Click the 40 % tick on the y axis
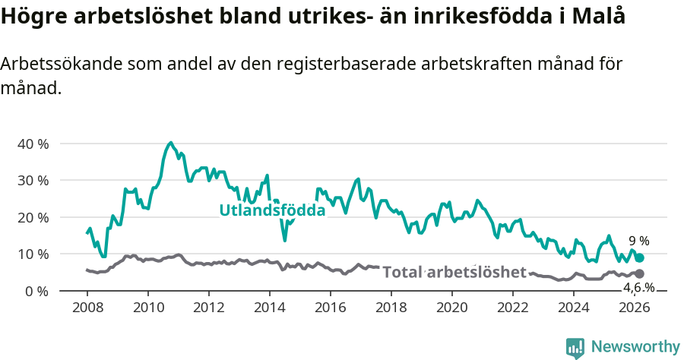point(33,144)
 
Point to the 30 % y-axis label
point(33,181)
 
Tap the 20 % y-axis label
point(33,217)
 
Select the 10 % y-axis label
point(33,254)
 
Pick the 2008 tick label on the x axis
point(87,308)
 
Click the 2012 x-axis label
point(208,308)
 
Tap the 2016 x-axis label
point(330,308)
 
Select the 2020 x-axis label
point(451,308)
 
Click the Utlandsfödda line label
point(272,210)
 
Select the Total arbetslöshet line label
point(454,272)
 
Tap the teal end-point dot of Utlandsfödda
point(640,258)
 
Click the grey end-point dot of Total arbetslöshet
point(639,273)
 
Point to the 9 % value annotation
point(638,241)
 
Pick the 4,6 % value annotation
point(638,287)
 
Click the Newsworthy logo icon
point(575,347)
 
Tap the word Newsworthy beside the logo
point(635,347)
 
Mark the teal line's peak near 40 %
point(171,143)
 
